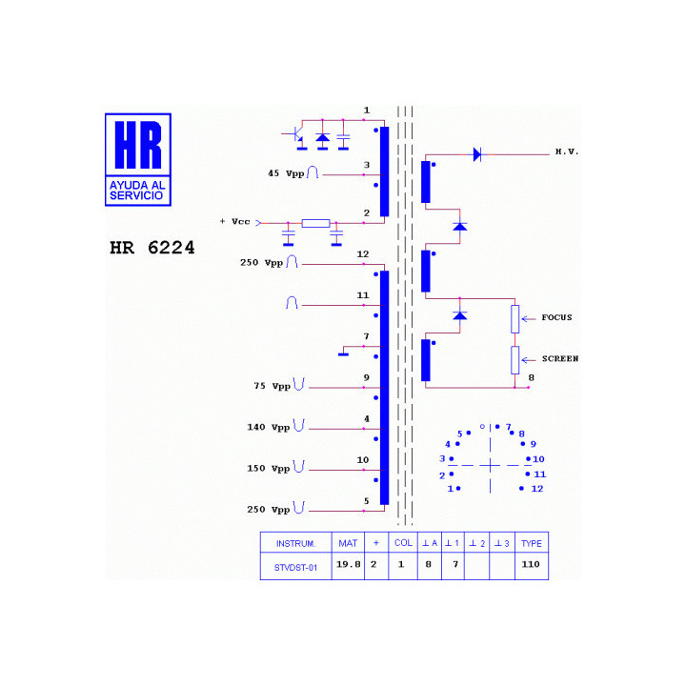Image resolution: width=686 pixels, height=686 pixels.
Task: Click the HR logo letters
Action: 138,145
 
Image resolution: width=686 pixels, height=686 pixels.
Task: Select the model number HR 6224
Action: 151,248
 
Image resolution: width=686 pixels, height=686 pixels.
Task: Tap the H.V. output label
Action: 567,151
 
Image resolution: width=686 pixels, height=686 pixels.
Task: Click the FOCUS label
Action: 556,317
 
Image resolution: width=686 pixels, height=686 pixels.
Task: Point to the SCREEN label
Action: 560,358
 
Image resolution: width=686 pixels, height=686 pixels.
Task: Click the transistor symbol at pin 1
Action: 295,134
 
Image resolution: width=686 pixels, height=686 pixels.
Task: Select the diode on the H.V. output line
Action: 477,154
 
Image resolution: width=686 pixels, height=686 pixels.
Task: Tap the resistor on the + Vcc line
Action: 315,223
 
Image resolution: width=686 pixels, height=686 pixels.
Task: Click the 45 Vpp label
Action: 286,173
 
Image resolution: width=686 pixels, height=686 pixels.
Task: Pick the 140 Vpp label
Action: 268,427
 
